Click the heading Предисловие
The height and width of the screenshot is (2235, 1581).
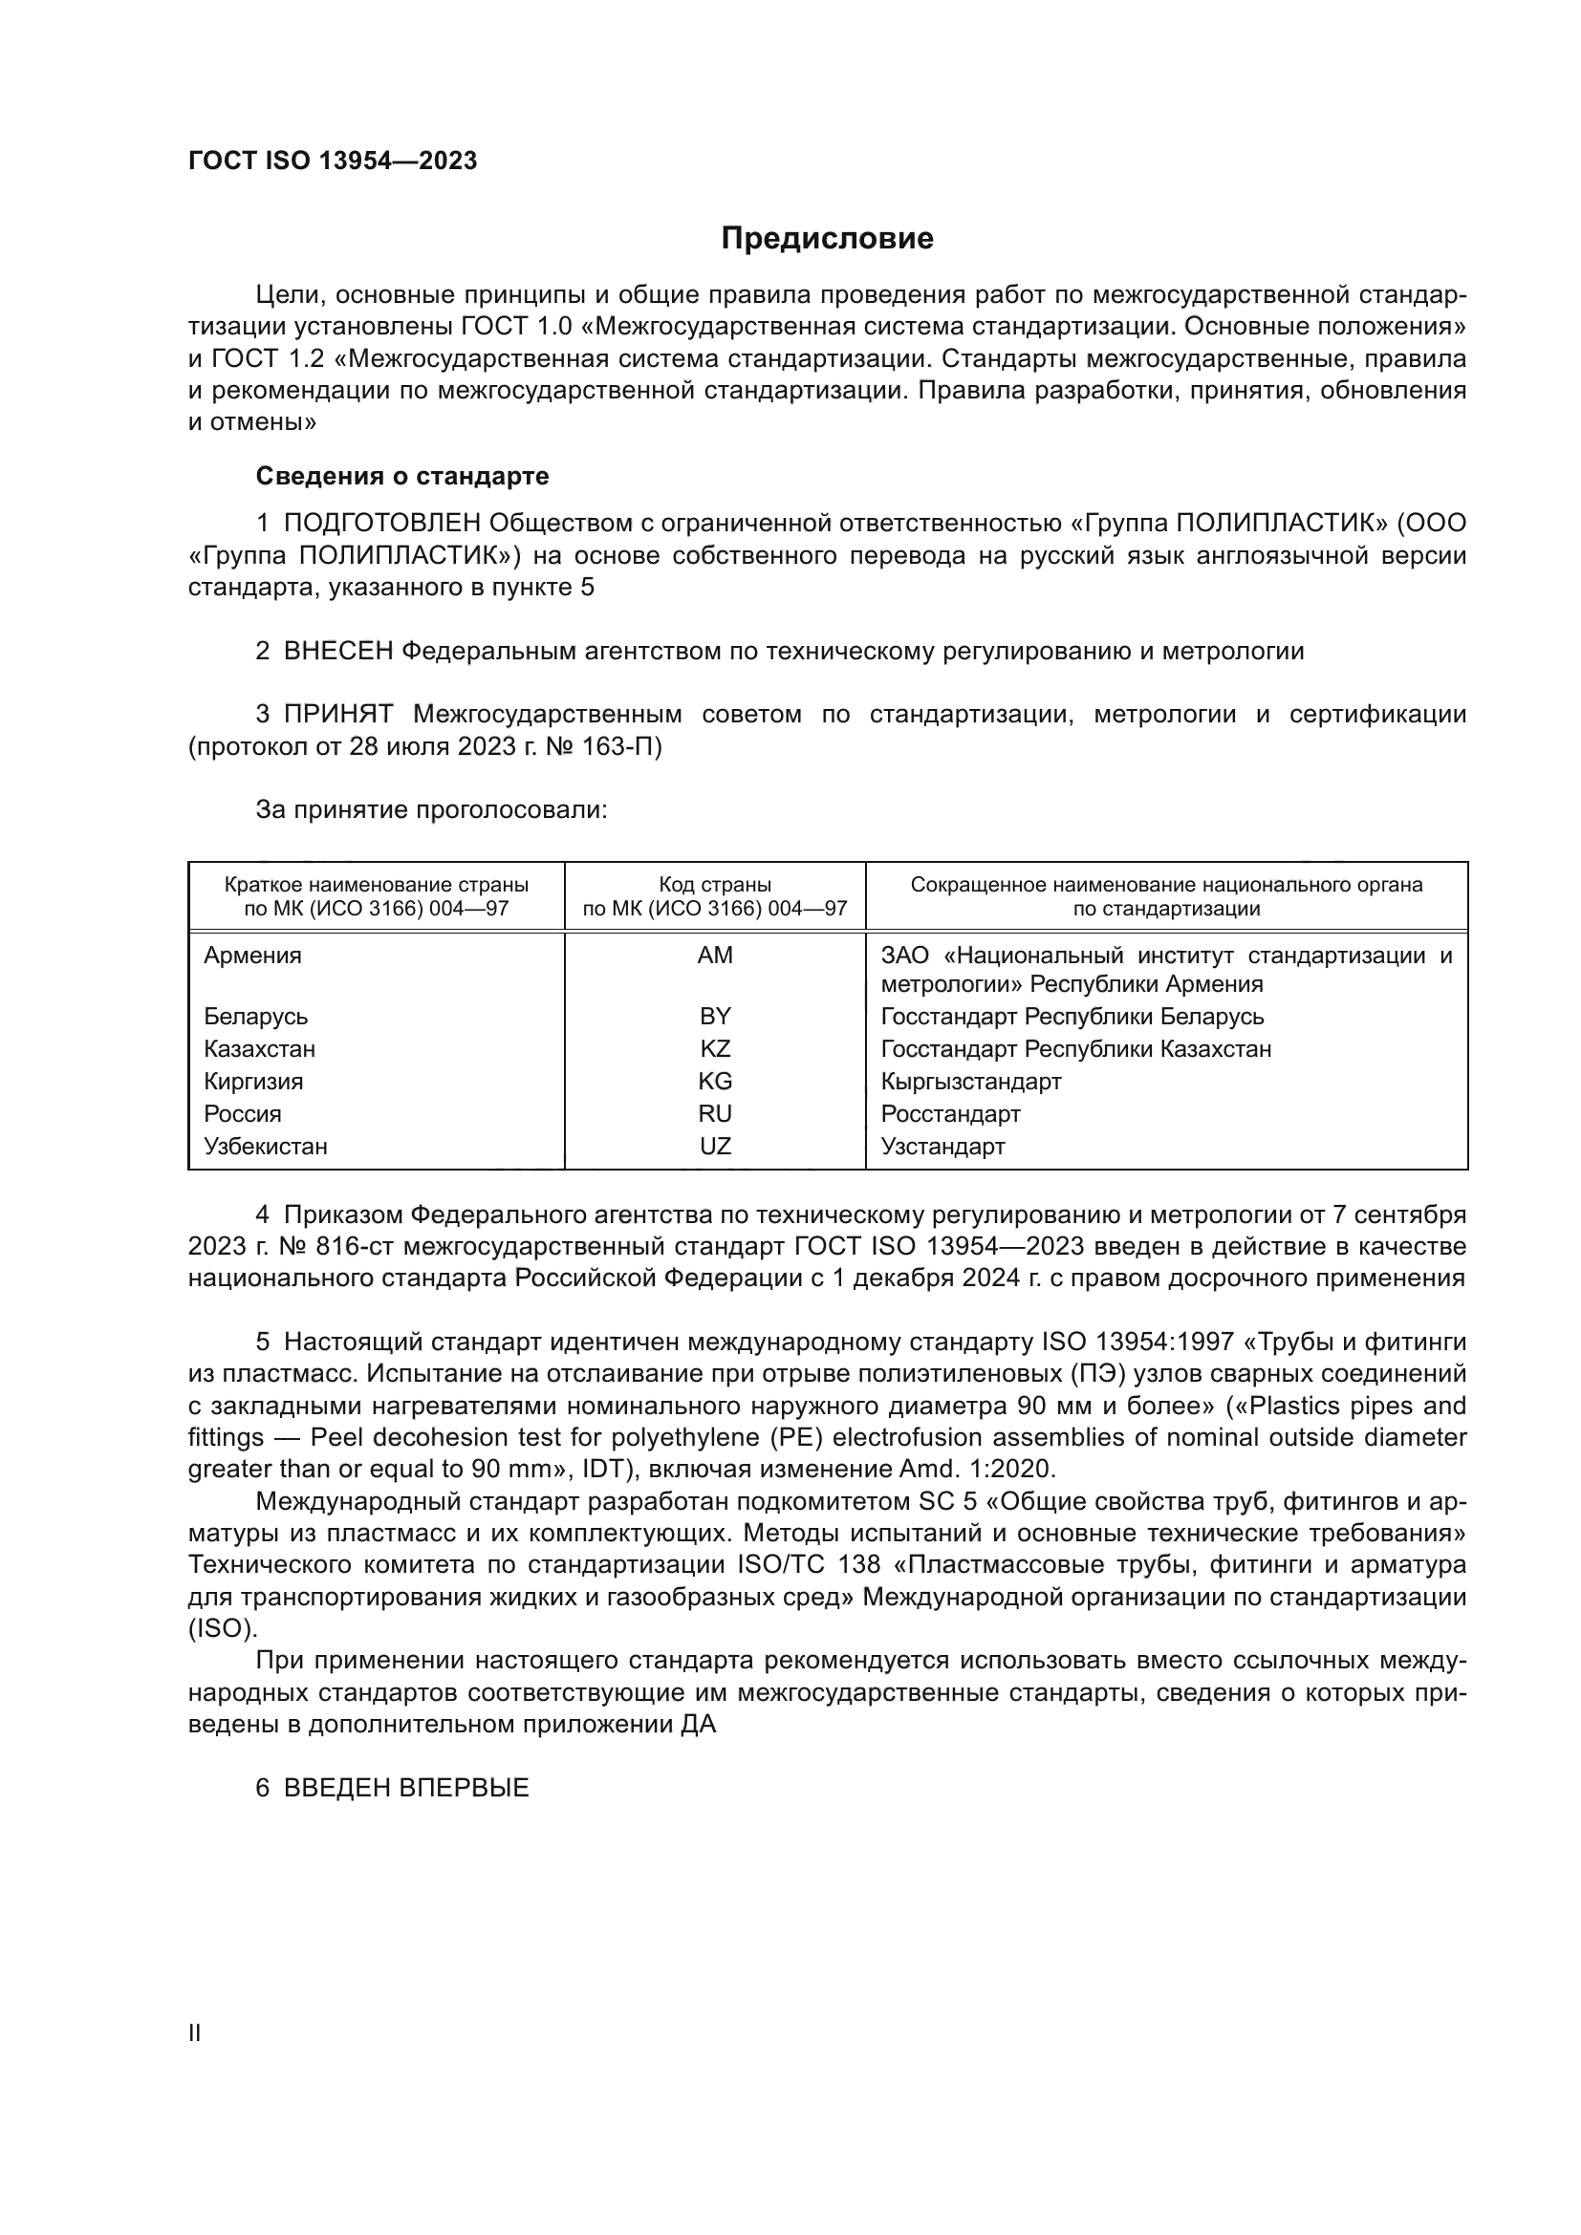tap(827, 239)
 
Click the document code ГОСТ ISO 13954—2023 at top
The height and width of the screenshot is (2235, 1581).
tap(332, 161)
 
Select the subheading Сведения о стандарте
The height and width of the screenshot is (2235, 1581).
tap(402, 476)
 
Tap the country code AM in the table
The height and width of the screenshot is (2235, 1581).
tap(715, 955)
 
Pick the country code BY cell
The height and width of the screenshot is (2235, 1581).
tap(715, 1017)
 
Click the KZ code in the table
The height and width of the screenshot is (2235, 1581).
tap(715, 1048)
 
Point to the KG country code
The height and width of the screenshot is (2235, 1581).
tap(715, 1081)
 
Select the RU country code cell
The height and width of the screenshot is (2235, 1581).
tap(715, 1112)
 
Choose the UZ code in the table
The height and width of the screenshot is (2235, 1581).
tap(715, 1146)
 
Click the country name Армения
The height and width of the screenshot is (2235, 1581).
tap(252, 955)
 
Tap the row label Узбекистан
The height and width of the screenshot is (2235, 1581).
tap(265, 1146)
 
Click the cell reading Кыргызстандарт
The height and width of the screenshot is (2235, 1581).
tap(970, 1081)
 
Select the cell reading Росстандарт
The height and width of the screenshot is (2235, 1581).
tap(950, 1112)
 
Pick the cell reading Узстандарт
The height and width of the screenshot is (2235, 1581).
tap(942, 1146)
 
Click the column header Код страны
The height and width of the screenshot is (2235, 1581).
tap(715, 885)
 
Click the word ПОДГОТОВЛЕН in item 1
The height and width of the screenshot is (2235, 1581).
tap(381, 523)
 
